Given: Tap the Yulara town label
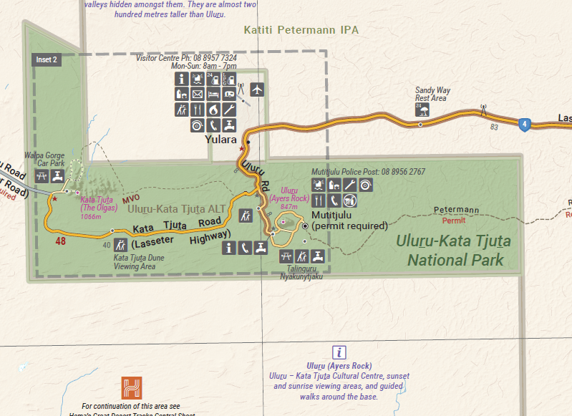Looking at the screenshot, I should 220,140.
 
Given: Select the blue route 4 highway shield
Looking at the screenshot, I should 525,125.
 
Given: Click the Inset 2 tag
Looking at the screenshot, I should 47,60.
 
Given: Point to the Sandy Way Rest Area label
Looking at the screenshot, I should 432,95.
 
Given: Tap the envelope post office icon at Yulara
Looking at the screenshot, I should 198,94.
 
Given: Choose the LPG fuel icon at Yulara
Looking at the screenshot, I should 228,79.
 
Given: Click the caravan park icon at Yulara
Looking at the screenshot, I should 229,94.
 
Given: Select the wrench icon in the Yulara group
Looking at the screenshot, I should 229,110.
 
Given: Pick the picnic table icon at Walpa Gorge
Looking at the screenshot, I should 42,175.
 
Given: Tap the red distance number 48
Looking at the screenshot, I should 61,241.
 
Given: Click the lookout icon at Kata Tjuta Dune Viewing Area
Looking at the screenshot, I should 120,246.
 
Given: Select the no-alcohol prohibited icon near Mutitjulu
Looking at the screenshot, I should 350,200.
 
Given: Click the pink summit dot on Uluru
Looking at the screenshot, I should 283,223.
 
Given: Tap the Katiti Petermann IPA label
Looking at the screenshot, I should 301,30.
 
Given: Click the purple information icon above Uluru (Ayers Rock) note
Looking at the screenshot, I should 339,352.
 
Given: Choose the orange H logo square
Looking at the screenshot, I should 132,387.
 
